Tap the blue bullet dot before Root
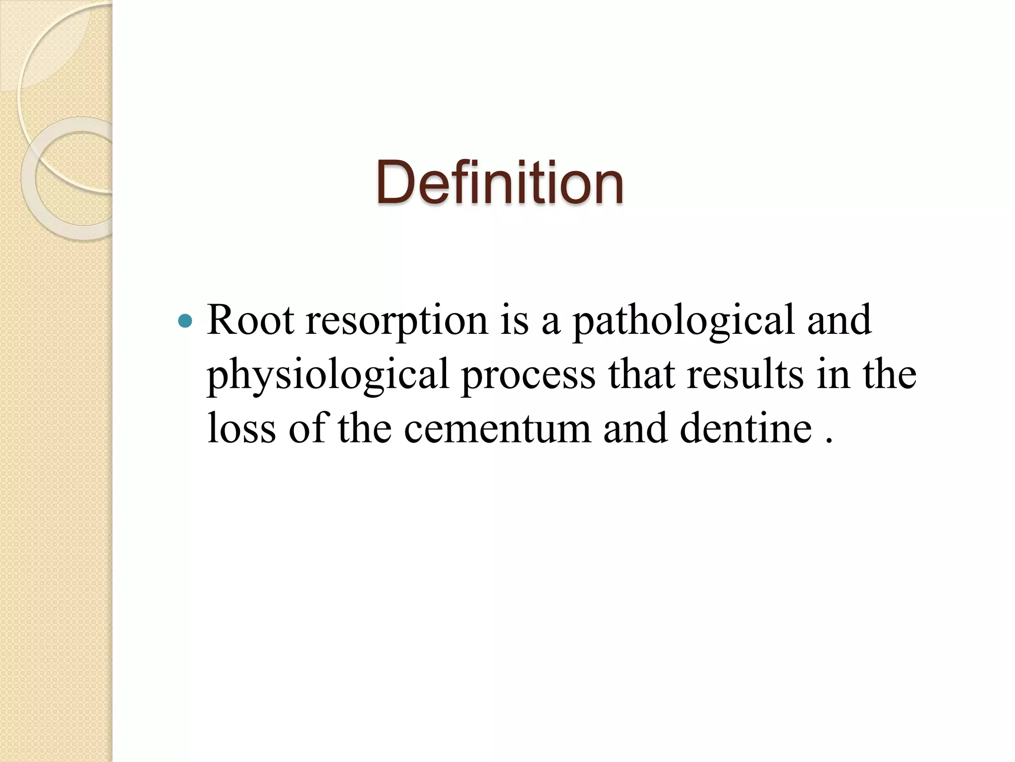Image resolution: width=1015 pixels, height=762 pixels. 185,321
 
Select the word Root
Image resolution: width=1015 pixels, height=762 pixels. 250,320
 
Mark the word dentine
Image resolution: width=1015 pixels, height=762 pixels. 745,428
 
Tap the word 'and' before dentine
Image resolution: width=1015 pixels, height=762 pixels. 635,428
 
